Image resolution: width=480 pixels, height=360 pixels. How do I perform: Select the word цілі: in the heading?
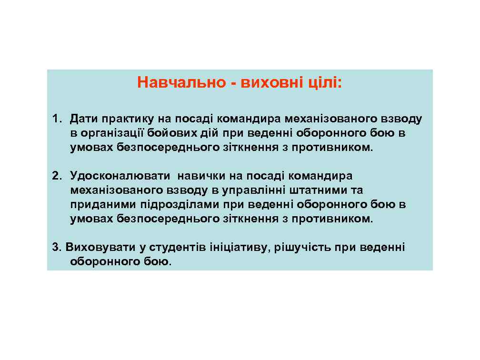point(324,83)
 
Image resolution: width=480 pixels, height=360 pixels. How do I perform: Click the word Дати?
point(84,118)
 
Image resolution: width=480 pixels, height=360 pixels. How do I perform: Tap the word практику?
point(125,118)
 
